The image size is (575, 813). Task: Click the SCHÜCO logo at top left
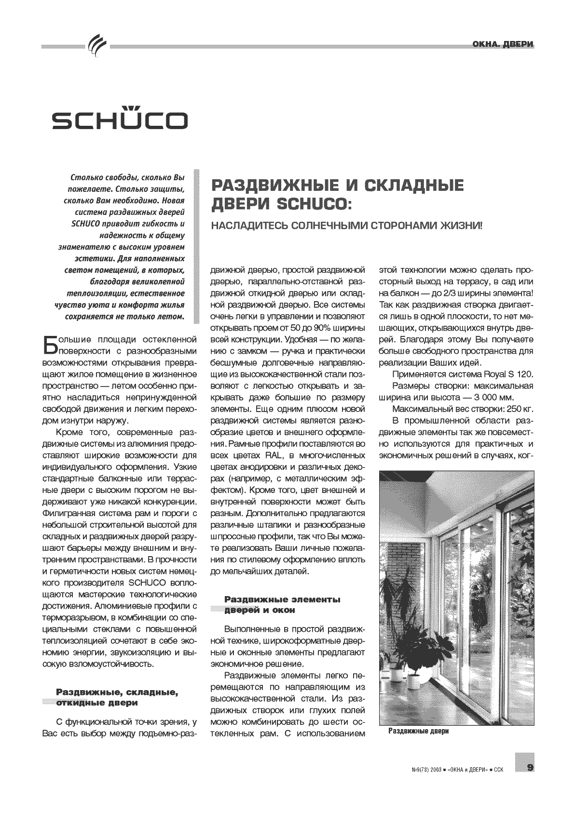120,119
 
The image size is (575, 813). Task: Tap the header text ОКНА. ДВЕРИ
503,45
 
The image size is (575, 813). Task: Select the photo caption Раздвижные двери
418,731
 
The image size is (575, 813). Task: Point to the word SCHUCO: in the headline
313,204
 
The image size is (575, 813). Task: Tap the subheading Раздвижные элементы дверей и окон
282,604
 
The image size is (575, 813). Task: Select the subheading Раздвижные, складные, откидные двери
118,697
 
